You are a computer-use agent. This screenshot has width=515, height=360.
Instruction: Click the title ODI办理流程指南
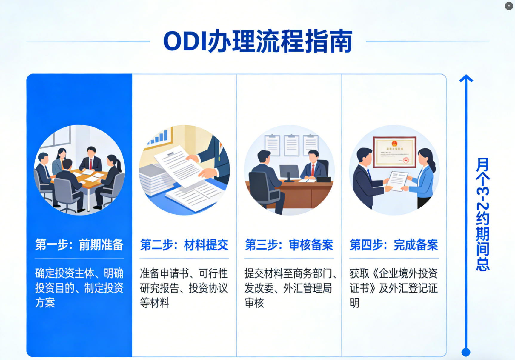pos(258,41)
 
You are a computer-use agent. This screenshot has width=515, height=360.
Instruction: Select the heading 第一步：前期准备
pos(79,245)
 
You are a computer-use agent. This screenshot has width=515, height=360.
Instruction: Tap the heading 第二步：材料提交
pos(184,245)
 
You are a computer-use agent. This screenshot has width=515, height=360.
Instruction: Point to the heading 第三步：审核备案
pos(289,245)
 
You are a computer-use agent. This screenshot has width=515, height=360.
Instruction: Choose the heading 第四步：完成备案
pos(394,245)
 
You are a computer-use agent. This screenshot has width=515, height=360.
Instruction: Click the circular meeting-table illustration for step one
pos(79,170)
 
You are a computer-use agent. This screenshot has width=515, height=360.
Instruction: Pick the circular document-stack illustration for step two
pos(184,170)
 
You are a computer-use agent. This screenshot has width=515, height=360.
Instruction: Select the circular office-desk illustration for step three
pos(289,170)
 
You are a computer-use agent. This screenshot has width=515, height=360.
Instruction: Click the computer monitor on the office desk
pos(289,172)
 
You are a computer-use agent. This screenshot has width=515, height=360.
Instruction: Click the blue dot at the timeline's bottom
pos(466,352)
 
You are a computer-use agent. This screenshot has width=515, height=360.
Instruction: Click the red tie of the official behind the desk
pos(313,170)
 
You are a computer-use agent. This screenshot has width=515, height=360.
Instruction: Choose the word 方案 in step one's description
pos(45,303)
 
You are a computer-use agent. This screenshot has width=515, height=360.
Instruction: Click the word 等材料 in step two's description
pos(155,303)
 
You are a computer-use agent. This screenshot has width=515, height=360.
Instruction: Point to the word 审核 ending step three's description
pos(254,303)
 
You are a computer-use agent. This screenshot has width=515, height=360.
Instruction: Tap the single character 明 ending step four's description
pos(354,303)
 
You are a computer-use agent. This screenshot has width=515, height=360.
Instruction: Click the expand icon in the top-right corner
pos(509,6)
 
